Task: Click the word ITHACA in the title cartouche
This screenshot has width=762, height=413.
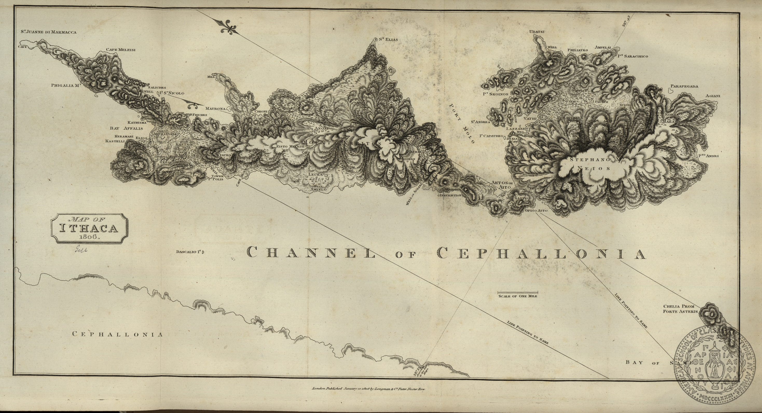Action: tap(89, 228)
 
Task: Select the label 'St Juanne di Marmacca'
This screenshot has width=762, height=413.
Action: tap(49, 32)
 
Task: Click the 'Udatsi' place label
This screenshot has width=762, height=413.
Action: tap(537, 32)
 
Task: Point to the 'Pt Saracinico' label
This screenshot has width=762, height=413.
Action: tap(633, 56)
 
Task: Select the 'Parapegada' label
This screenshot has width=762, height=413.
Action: tap(684, 86)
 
